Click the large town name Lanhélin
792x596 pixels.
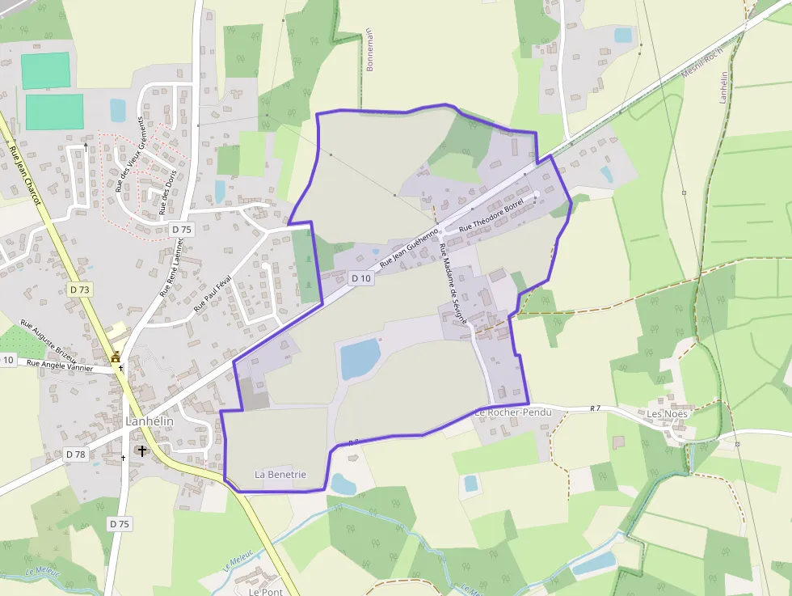[x=150, y=421]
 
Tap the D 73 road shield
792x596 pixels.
[x=80, y=290]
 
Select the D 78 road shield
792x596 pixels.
[x=75, y=454]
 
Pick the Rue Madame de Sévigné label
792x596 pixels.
[x=453, y=287]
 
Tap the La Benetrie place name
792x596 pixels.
[x=280, y=474]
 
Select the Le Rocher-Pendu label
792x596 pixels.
[x=512, y=412]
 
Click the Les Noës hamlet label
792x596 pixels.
[x=667, y=414]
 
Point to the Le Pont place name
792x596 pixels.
[x=265, y=591]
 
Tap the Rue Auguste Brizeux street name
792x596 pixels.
[x=53, y=341]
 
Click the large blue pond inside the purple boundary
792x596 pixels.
[x=360, y=358]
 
